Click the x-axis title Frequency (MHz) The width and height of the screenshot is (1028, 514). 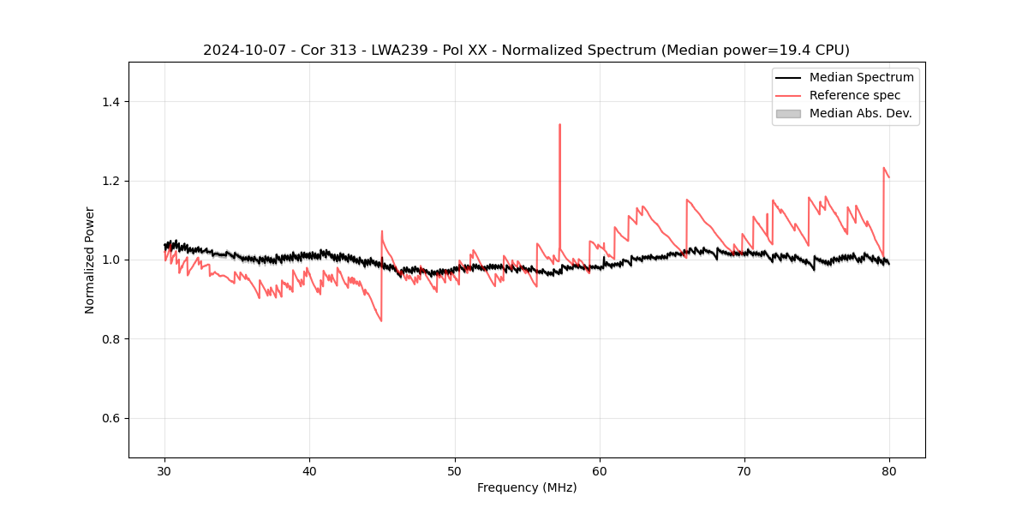[x=527, y=487]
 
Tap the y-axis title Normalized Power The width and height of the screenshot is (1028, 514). [x=90, y=260]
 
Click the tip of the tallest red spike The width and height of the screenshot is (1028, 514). [x=559, y=124]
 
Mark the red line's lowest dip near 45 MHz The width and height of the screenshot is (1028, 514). [x=381, y=321]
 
